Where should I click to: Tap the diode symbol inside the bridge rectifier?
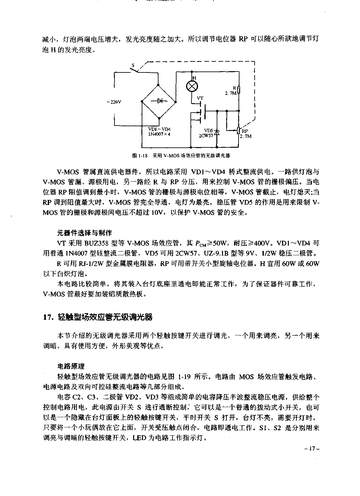(159, 101)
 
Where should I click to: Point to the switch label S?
(133, 66)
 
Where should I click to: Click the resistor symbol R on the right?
(239, 90)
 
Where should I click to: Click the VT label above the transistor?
(200, 98)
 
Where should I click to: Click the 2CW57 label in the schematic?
(206, 135)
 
